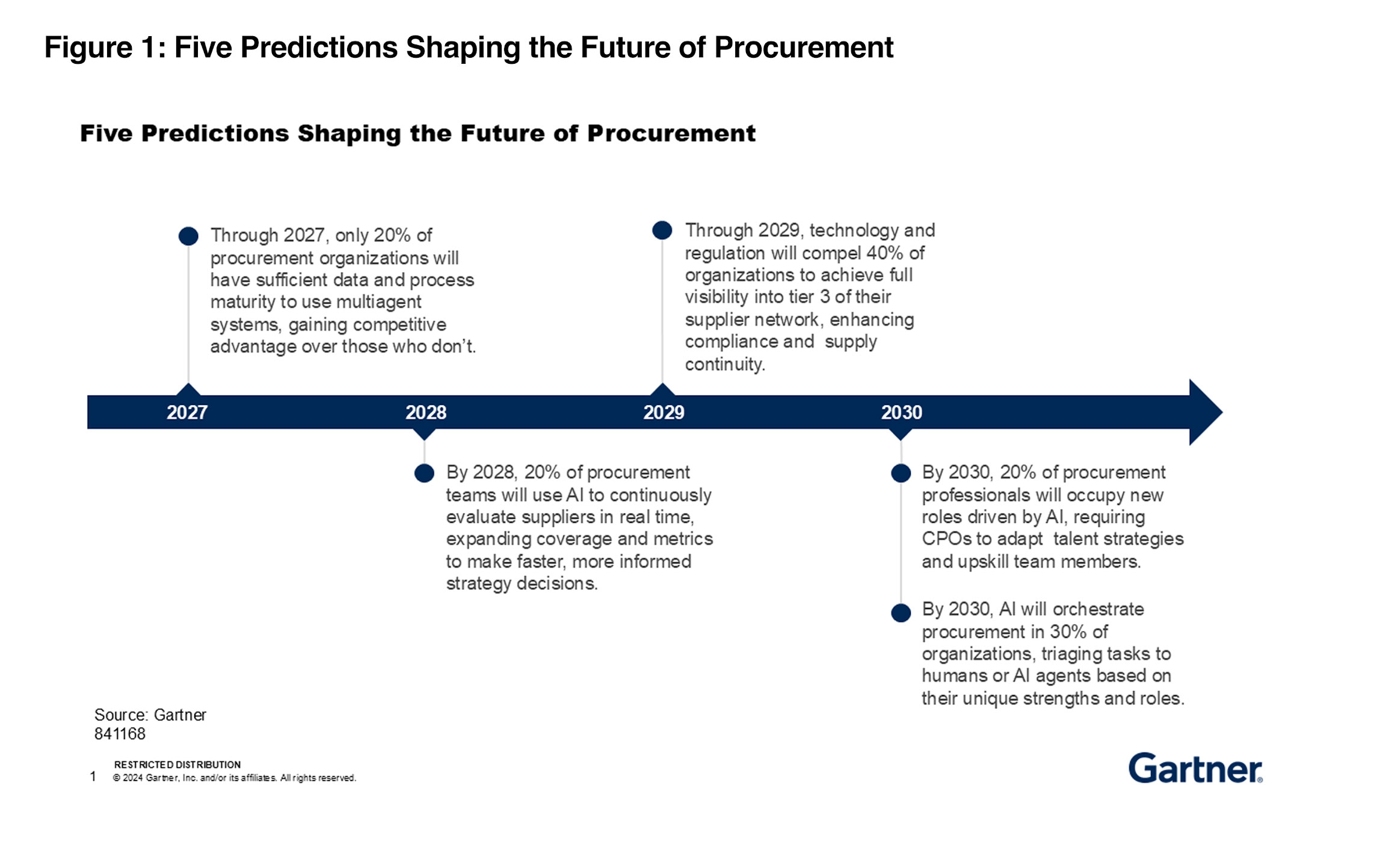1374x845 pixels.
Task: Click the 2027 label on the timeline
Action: pos(186,412)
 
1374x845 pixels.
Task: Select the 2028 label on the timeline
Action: pos(425,412)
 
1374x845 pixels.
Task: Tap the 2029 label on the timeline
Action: pos(664,412)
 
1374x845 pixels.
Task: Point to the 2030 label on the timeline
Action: pos(901,412)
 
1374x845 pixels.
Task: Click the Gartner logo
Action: pos(1195,769)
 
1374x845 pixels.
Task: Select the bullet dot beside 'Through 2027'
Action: pos(188,236)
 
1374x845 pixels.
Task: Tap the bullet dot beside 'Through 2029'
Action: pos(662,230)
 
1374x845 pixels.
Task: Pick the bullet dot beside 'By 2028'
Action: pos(424,473)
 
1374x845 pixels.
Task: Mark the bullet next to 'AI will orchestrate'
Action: pos(901,613)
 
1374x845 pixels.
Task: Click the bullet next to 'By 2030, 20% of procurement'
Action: pos(901,473)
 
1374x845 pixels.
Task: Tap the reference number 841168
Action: pos(120,734)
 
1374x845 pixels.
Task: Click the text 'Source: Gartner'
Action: pos(150,714)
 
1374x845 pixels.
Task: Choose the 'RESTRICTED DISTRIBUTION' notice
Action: pos(177,764)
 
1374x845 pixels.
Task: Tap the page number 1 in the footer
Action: pos(93,776)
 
